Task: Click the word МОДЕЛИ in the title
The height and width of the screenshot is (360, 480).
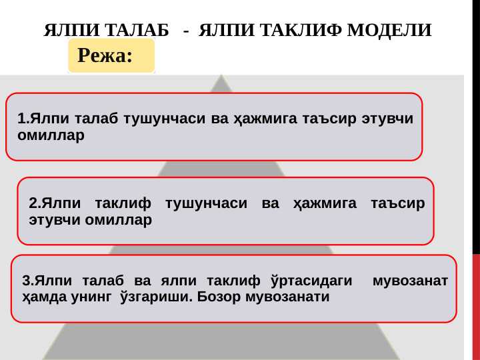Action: tap(389, 30)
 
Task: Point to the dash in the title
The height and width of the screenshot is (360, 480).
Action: tap(186, 31)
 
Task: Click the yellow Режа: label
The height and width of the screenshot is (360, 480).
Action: tap(111, 55)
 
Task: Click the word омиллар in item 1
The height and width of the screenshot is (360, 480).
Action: tap(51, 135)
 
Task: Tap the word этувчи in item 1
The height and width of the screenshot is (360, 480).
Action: tap(387, 119)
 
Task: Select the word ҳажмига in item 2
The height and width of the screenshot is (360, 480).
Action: tap(325, 203)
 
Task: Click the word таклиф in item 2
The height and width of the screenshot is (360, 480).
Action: tap(123, 203)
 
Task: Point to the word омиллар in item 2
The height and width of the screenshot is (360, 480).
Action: tap(118, 220)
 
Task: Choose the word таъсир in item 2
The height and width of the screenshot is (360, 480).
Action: tap(398, 203)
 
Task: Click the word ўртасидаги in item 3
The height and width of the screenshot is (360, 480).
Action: tap(311, 281)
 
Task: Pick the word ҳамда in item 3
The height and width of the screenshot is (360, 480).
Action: tap(44, 297)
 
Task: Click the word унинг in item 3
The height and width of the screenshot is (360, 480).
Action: tap(91, 297)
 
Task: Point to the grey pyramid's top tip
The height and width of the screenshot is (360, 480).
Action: tap(221, 75)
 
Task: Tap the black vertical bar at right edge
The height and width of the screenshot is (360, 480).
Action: tap(476, 127)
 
